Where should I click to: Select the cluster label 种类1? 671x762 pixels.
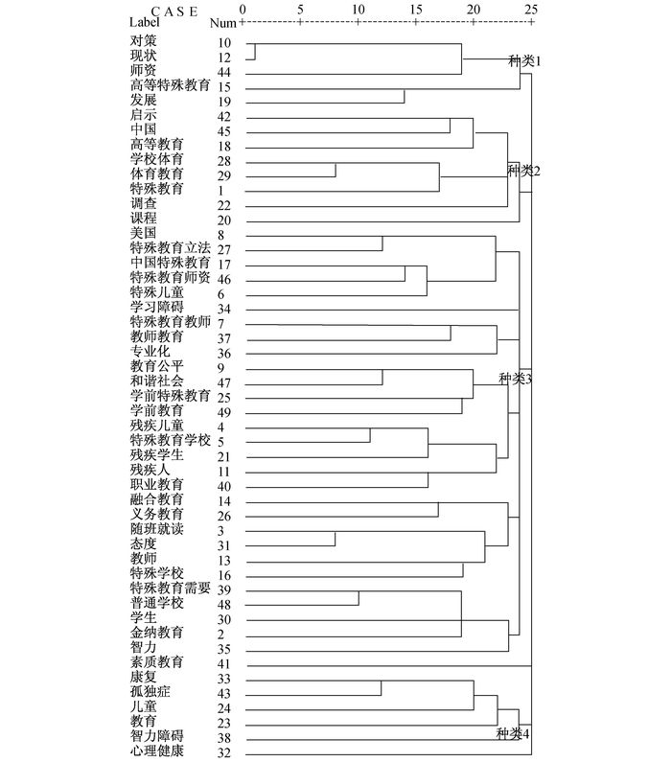pos(525,60)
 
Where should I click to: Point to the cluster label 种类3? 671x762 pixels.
pos(516,380)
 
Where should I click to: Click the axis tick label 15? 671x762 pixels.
pos(416,9)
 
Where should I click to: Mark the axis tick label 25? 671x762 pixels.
pos(530,9)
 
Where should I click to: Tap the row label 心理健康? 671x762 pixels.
pos(156,752)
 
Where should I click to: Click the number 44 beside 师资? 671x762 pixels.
pos(224,72)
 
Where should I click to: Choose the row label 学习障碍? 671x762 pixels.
pos(156,308)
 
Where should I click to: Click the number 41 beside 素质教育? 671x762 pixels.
pos(224,662)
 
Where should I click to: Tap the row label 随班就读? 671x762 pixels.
pos(156,529)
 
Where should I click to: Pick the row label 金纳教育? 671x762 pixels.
pos(156,633)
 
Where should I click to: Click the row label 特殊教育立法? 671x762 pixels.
pos(170,249)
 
